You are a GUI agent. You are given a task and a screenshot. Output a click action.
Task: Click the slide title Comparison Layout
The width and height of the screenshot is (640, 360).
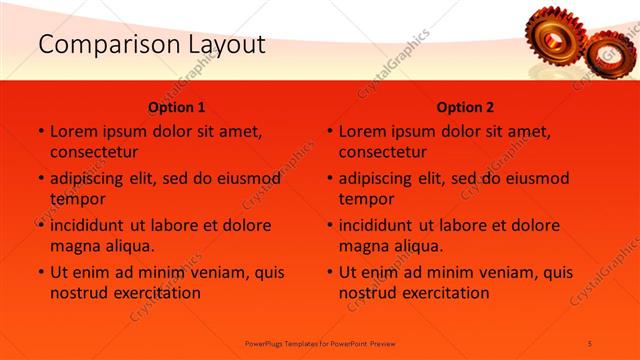click(152, 45)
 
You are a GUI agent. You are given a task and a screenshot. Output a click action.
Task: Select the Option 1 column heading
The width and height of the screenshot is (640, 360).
click(177, 107)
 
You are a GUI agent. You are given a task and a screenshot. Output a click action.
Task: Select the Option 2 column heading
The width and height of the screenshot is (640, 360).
click(466, 107)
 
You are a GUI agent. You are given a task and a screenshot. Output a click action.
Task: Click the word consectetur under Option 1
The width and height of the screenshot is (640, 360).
click(94, 152)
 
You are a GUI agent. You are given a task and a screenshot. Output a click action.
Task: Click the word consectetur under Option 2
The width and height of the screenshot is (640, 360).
click(383, 152)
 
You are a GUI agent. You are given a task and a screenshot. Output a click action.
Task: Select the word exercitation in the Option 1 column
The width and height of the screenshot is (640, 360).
click(155, 293)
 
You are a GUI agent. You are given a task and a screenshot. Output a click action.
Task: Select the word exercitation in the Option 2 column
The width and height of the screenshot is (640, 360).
click(444, 293)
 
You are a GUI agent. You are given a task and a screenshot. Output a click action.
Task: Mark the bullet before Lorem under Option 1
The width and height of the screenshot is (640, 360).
click(40, 131)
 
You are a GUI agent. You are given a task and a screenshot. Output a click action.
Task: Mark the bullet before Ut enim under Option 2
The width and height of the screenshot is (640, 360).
click(329, 272)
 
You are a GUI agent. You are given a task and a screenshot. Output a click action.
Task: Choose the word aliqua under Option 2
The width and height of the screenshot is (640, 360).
click(407, 246)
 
